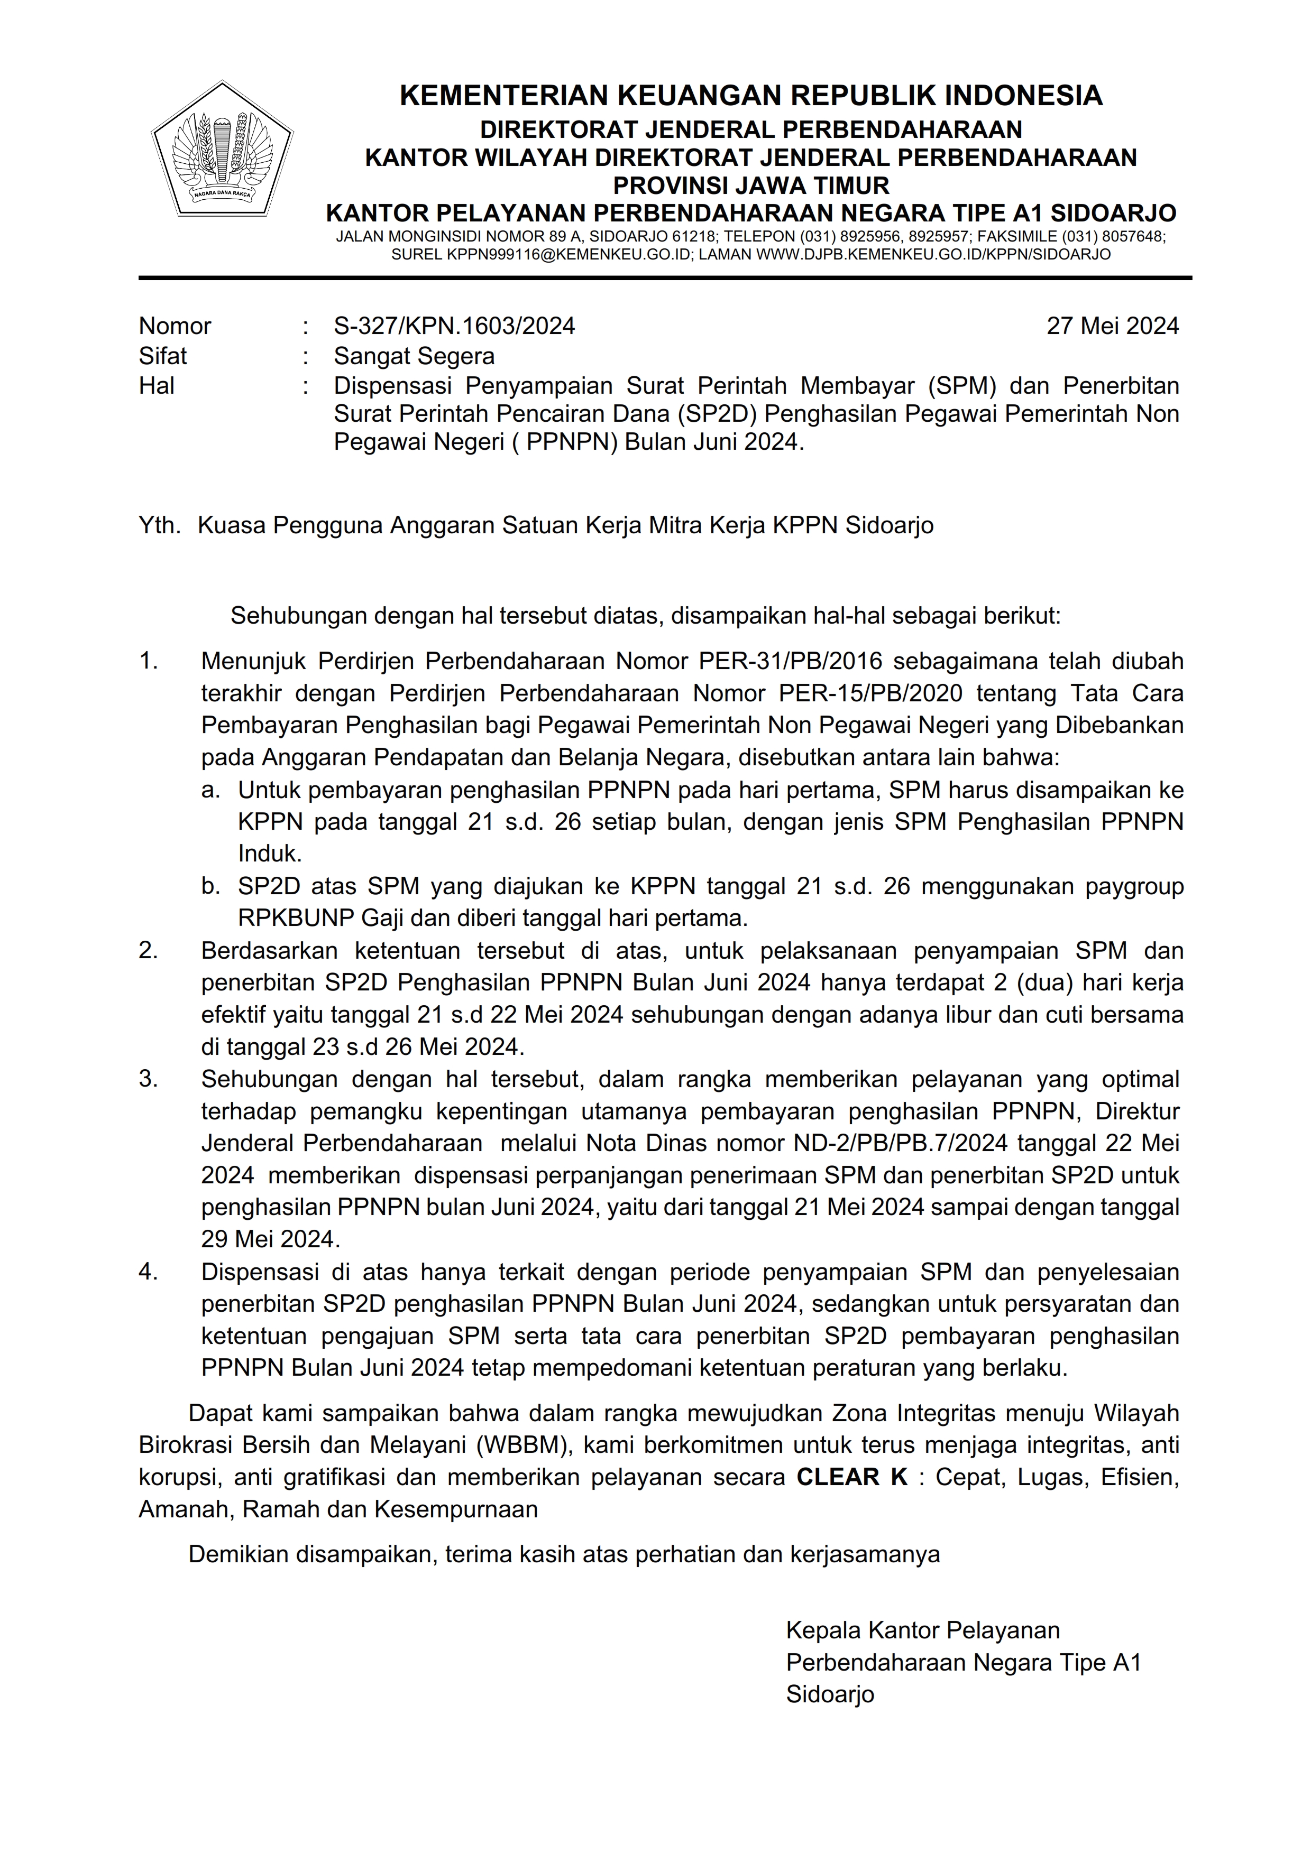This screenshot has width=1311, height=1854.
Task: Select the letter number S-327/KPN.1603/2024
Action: point(454,326)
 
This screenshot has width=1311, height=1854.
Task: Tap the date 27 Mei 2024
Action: point(1112,326)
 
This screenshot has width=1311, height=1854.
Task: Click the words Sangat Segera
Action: point(414,356)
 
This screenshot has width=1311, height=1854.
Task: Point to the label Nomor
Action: point(175,326)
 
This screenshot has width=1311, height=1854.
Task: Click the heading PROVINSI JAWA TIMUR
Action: point(750,186)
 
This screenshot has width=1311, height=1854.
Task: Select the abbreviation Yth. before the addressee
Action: point(159,526)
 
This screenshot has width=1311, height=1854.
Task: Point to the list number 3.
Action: point(148,1079)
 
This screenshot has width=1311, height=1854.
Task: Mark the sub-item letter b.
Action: point(211,887)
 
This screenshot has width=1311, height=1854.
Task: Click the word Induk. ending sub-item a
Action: point(269,854)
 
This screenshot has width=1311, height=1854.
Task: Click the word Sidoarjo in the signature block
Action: point(830,1694)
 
